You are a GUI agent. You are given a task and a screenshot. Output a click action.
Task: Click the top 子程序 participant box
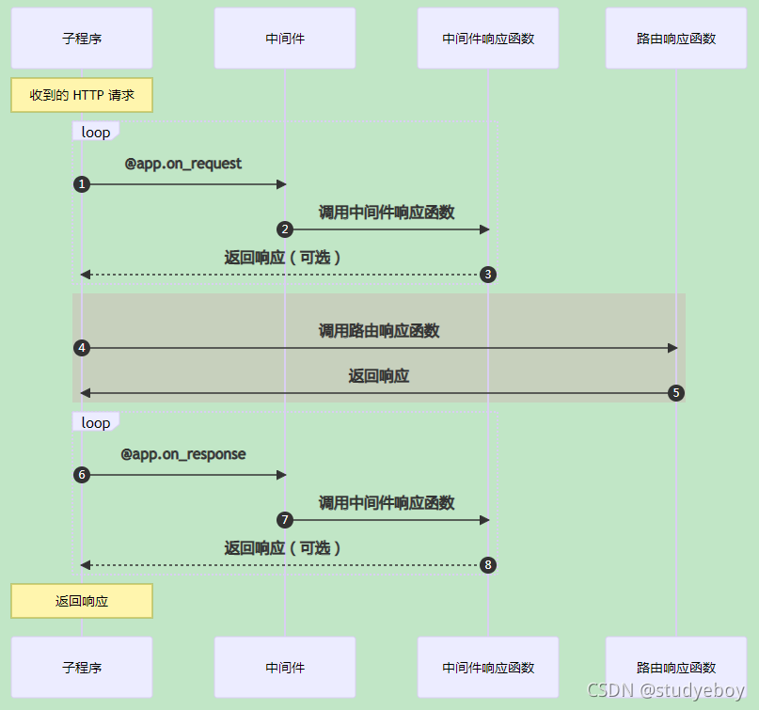coord(82,39)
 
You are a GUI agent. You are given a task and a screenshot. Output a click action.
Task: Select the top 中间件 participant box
coord(285,39)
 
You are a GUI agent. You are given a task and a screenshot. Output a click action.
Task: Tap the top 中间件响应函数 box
coord(488,39)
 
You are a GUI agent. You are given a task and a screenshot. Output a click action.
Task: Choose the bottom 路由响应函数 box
coord(675,668)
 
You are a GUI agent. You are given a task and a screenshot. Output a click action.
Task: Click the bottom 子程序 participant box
coord(82,668)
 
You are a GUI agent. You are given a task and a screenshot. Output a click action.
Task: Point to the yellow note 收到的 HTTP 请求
coord(82,95)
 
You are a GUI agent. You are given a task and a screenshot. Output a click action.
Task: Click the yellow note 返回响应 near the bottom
coord(82,601)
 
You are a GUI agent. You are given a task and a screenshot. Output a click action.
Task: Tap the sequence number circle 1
coord(82,184)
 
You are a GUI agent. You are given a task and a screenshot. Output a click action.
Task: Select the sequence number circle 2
coord(285,229)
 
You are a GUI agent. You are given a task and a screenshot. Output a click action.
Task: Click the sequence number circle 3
coord(487,275)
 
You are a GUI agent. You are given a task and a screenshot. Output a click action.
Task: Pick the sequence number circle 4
coord(82,348)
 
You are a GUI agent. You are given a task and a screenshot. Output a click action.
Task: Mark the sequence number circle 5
coord(675,393)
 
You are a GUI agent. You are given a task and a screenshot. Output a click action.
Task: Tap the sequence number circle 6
coord(82,475)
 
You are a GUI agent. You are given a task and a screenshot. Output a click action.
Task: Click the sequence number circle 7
coord(285,520)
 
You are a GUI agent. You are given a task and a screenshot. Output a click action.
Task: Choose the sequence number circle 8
coord(487,565)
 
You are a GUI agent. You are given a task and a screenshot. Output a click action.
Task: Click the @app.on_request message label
coord(183,164)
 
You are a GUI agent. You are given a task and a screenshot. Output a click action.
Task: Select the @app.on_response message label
coord(183,454)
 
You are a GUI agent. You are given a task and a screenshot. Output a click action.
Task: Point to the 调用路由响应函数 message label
coord(379,331)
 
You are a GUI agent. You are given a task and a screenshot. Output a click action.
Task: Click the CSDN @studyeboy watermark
coord(665,691)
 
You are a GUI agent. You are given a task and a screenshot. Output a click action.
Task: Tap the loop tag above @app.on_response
coord(96,423)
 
